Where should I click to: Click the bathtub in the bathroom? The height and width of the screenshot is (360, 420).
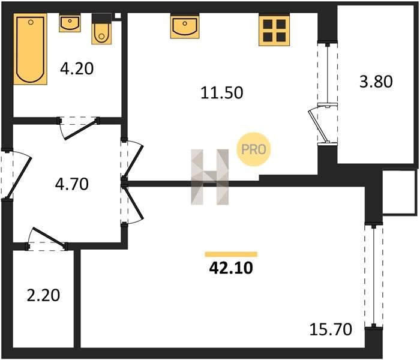point(30,49)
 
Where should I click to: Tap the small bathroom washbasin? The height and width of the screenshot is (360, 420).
point(70,23)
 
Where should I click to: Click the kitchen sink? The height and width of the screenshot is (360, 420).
point(185,26)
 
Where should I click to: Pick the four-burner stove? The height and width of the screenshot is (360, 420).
point(274,30)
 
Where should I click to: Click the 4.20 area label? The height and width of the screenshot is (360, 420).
point(77,68)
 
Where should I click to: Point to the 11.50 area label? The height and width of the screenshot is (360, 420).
point(222,92)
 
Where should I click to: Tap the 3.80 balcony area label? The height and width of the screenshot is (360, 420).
point(376,82)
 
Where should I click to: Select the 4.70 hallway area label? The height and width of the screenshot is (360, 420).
point(72,184)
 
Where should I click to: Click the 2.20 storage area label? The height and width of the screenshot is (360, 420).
point(43,295)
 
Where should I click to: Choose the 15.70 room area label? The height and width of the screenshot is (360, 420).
point(331,329)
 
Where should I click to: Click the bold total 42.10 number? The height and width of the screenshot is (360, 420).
point(231,268)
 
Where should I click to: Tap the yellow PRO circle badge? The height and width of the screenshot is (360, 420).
point(254,149)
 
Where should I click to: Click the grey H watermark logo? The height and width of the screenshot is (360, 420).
point(210,177)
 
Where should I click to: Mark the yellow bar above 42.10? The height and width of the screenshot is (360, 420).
point(231,254)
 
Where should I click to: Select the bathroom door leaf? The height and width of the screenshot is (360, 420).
point(80,130)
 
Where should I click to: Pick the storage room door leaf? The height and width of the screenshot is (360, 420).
point(49,237)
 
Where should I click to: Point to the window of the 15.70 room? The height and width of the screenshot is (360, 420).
point(374,276)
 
